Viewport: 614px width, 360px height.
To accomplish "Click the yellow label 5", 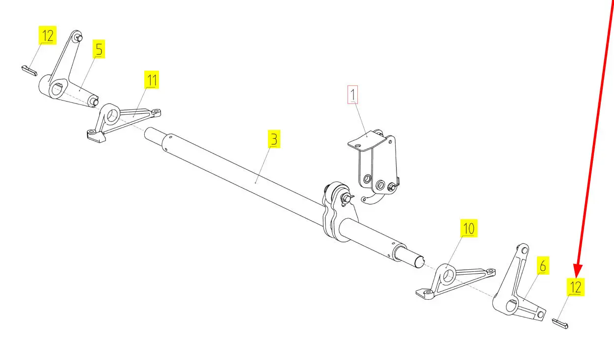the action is [x=99, y=49].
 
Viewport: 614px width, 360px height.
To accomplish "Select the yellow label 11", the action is [x=152, y=80].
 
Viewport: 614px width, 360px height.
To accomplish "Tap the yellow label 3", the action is [x=274, y=139].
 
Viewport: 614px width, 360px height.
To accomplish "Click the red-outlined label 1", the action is [x=352, y=95].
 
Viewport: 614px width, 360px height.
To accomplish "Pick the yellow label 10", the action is [x=469, y=228].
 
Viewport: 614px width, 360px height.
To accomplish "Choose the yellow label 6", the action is [x=543, y=265].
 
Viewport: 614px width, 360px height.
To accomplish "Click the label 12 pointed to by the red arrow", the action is [x=576, y=287].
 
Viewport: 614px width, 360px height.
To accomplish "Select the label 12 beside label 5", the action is [x=48, y=35].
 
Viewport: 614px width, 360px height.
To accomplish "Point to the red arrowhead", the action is [x=578, y=271].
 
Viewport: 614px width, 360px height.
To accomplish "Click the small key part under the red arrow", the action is [x=560, y=324].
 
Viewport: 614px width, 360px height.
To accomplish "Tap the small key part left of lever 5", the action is [x=29, y=71].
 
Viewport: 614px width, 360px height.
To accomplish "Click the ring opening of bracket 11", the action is [x=111, y=116].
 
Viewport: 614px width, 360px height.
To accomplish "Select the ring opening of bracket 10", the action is [x=448, y=276].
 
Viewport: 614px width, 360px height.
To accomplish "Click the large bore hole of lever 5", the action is [x=56, y=90].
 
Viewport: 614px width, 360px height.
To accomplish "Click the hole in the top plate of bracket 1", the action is [x=358, y=146].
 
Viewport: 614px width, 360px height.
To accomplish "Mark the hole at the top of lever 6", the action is [x=524, y=251].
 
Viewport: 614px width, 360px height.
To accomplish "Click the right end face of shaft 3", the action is [x=419, y=263].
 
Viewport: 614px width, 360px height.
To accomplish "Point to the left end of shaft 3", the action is [x=147, y=132].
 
